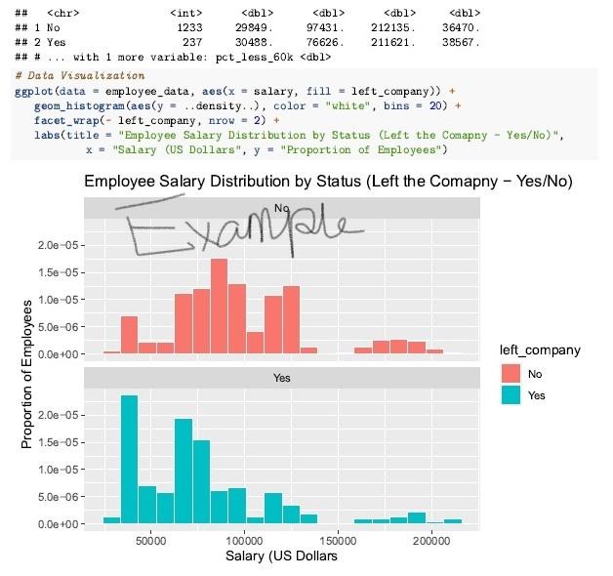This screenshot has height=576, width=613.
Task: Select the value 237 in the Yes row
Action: tap(190, 43)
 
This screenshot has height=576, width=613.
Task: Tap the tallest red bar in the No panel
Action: tap(220, 305)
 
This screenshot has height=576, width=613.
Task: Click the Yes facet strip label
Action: tap(281, 377)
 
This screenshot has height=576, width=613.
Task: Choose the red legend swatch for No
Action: tap(511, 373)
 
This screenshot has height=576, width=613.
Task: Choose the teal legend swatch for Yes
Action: tap(511, 394)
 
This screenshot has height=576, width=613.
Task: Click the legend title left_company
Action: tap(540, 350)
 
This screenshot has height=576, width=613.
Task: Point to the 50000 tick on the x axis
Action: tap(149, 540)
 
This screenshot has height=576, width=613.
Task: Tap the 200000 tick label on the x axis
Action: tap(430, 540)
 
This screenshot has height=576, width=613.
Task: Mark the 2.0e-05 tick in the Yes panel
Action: tap(58, 415)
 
